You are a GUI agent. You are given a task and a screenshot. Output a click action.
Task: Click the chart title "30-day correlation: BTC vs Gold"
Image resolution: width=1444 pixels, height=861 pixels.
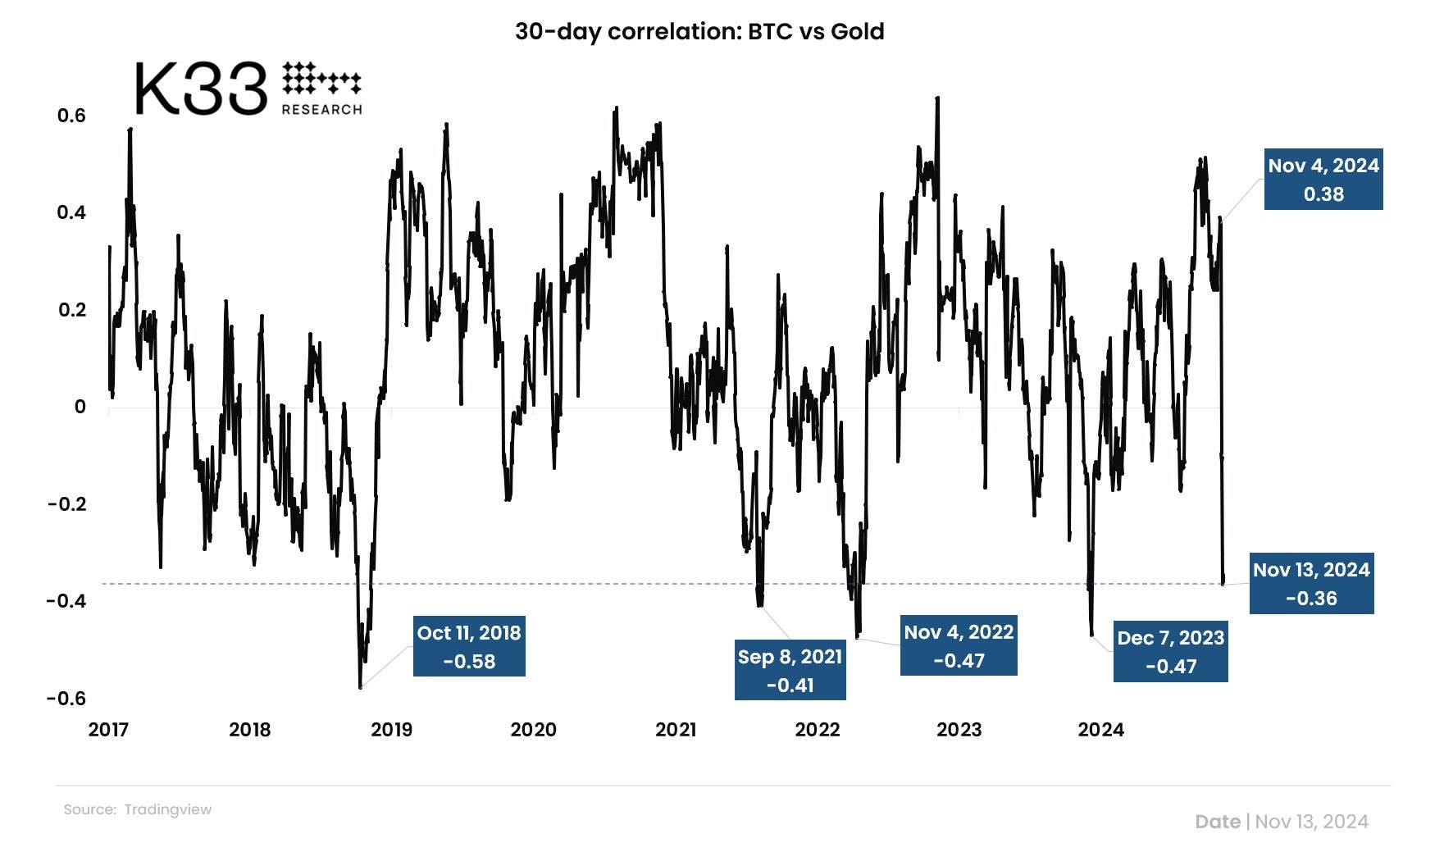(x=699, y=32)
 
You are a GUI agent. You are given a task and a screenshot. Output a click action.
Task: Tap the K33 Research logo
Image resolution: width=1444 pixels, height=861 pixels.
(x=248, y=88)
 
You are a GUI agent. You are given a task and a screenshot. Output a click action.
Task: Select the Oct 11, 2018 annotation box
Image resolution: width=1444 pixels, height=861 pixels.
(x=469, y=647)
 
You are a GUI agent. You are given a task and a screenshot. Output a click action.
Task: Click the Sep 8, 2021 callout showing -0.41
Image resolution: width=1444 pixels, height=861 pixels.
(x=790, y=671)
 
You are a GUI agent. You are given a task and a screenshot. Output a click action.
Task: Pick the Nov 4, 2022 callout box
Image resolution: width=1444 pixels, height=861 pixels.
(x=959, y=646)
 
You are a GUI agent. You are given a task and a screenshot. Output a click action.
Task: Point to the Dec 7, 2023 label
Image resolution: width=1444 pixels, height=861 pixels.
(x=1170, y=652)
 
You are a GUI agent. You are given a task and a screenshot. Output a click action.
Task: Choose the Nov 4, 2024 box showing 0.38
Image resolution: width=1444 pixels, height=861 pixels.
(x=1323, y=180)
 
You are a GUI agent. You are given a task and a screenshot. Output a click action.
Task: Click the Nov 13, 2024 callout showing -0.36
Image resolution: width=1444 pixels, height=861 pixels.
(x=1311, y=584)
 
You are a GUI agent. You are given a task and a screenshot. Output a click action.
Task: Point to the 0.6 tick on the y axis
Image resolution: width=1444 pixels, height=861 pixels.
(x=71, y=116)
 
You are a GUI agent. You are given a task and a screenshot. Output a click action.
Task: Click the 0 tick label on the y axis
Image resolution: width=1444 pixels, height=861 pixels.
(x=80, y=407)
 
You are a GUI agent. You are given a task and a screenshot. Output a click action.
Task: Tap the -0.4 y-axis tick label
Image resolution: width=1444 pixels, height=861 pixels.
(x=66, y=601)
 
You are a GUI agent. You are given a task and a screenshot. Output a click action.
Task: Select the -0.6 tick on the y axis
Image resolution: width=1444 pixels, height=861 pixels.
(x=66, y=699)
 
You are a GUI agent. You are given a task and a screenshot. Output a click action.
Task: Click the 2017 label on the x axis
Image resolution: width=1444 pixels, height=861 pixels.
(x=108, y=730)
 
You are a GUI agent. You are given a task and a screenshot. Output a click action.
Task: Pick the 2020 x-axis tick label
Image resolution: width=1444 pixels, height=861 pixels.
(x=533, y=730)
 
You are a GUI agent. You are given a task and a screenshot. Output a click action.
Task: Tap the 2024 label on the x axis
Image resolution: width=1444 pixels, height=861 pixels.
(x=1100, y=730)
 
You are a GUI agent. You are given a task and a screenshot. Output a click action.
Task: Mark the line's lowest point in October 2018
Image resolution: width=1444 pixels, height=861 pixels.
(x=361, y=686)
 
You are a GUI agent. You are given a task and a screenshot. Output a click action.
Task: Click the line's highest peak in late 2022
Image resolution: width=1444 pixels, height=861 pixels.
(x=937, y=98)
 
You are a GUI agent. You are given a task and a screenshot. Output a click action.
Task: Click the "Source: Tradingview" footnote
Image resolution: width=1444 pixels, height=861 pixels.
(x=138, y=809)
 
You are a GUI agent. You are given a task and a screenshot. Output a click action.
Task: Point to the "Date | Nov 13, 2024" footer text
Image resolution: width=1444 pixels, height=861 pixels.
(x=1281, y=822)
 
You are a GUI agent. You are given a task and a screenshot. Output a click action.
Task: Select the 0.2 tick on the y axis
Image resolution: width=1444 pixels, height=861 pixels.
(x=71, y=310)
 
